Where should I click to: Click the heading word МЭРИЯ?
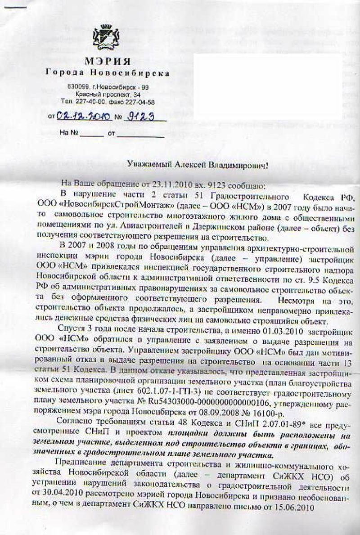(108, 62)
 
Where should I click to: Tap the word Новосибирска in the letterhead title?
(135, 73)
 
